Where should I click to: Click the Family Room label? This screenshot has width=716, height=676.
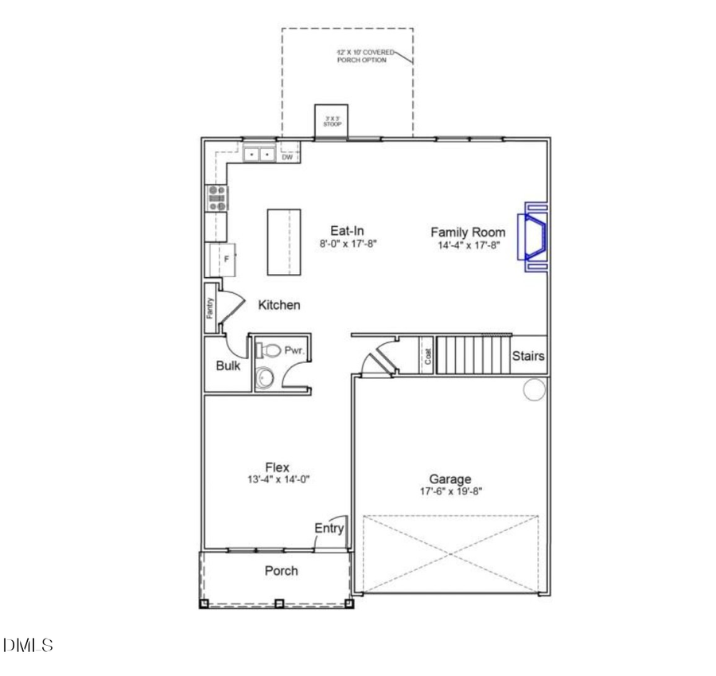pyautogui.click(x=468, y=232)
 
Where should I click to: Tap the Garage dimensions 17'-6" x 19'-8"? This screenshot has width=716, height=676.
pyautogui.click(x=450, y=491)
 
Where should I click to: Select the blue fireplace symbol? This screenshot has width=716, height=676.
pyautogui.click(x=532, y=236)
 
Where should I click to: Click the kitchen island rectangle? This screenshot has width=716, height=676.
pyautogui.click(x=284, y=242)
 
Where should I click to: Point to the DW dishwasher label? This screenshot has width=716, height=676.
pyautogui.click(x=287, y=157)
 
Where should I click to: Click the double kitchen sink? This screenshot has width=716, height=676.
pyautogui.click(x=259, y=154)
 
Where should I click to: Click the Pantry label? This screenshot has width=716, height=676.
pyautogui.click(x=211, y=307)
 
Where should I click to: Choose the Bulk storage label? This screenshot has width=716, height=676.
pyautogui.click(x=228, y=366)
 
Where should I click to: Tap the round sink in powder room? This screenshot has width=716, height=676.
pyautogui.click(x=263, y=378)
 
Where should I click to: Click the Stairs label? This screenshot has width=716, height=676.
pyautogui.click(x=528, y=356)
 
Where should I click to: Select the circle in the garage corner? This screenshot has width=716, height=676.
pyautogui.click(x=534, y=389)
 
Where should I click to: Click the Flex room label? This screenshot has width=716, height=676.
pyautogui.click(x=277, y=467)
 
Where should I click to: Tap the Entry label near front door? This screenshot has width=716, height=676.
pyautogui.click(x=329, y=528)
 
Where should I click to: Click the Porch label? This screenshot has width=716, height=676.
pyautogui.click(x=281, y=571)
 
